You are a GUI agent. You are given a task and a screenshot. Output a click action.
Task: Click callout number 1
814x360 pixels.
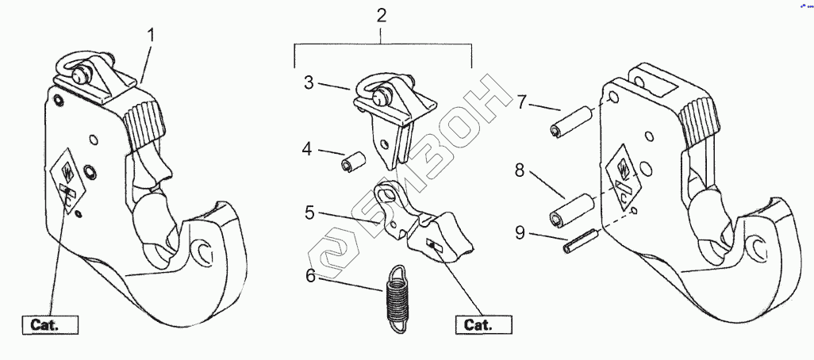152,36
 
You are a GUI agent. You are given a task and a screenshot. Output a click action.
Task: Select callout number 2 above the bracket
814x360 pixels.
382,16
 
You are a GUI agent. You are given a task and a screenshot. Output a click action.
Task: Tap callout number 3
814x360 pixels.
308,82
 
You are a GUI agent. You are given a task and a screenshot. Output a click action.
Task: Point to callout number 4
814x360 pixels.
308,148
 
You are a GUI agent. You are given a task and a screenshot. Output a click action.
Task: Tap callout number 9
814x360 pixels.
520,232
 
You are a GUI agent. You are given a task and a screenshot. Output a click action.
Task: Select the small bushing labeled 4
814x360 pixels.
351,162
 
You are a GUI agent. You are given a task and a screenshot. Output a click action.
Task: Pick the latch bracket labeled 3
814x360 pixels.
393,111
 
